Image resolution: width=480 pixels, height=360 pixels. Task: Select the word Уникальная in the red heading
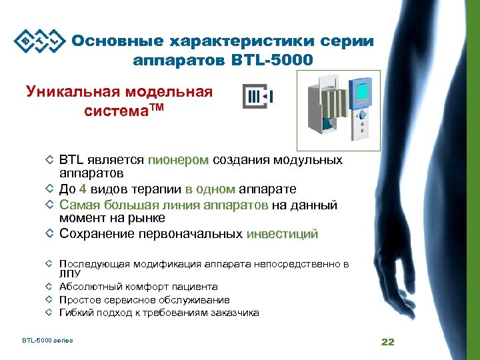(72, 91)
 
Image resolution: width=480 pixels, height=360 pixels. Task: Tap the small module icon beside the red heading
(258, 97)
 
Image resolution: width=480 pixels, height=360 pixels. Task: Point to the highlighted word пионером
(178, 160)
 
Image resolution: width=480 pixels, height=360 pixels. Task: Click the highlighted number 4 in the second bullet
(83, 189)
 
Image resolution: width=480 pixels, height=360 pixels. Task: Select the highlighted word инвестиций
(282, 234)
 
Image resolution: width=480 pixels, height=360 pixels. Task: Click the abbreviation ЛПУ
(69, 273)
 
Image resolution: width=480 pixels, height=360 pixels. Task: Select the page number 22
(387, 342)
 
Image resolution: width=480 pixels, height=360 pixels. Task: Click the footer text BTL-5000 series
(47, 341)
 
